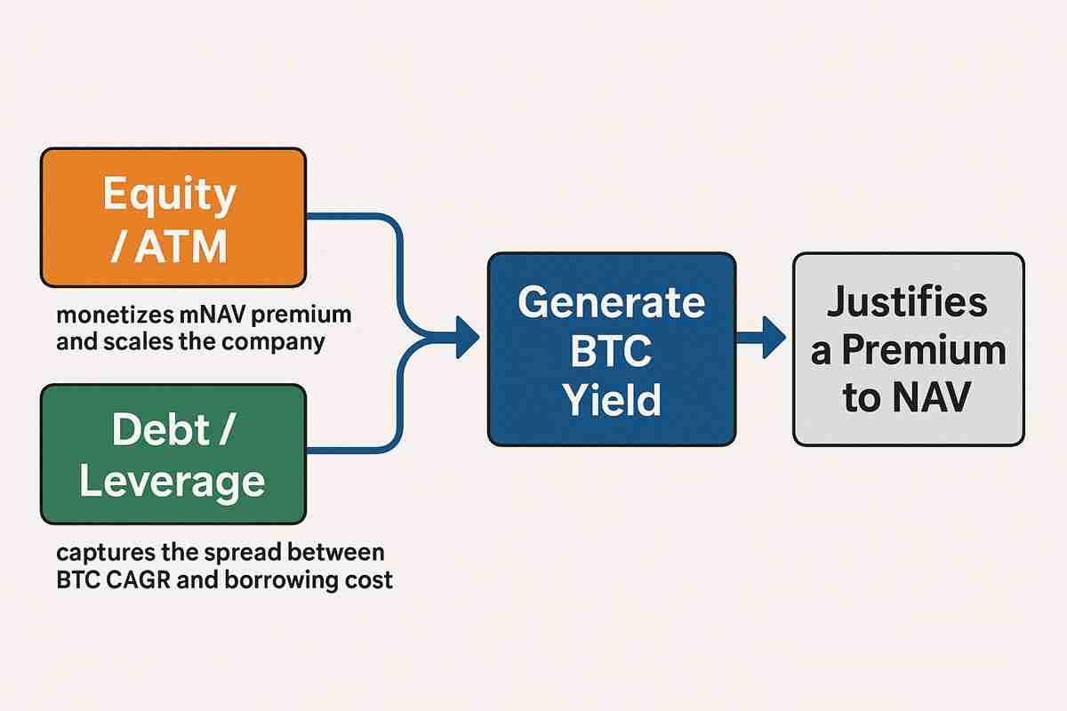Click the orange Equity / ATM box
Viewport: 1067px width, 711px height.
173,218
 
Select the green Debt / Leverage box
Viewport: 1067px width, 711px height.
173,453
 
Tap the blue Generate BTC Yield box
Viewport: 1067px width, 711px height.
611,348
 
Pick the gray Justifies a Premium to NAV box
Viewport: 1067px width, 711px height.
908,348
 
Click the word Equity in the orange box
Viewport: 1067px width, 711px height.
169,194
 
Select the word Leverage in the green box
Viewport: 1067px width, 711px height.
172,481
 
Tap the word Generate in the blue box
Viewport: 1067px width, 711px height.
611,303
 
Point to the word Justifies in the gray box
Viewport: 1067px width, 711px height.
907,302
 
